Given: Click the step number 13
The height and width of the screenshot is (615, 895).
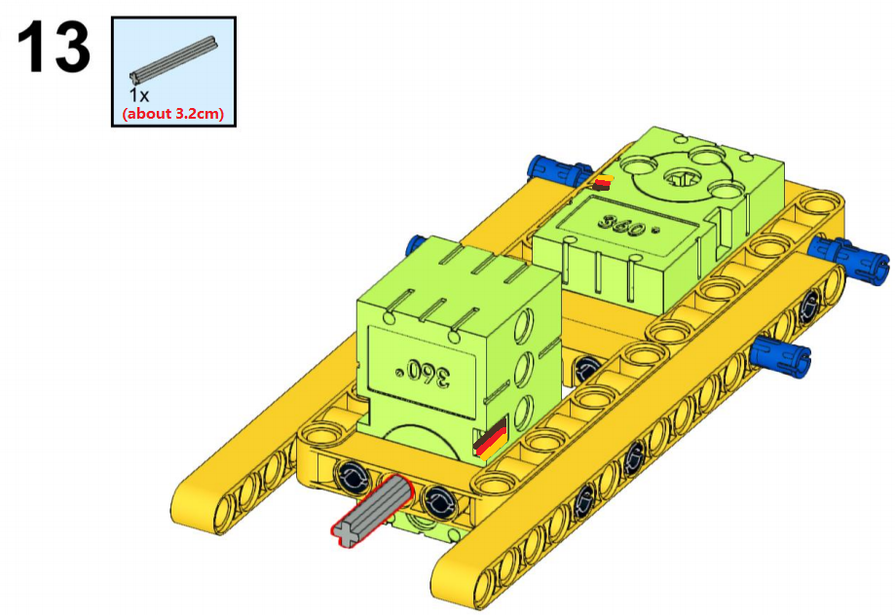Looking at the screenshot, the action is click(54, 47).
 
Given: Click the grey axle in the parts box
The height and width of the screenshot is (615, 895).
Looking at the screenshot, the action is click(174, 60).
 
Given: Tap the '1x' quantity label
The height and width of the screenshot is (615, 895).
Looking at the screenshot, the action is click(138, 94).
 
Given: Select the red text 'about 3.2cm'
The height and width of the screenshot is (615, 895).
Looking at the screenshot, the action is click(173, 114).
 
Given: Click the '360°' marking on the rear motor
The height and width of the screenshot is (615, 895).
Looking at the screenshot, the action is click(629, 226).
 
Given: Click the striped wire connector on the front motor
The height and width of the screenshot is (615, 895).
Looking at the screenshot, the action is click(490, 438).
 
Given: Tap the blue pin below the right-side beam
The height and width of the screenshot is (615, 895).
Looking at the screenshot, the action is click(781, 356).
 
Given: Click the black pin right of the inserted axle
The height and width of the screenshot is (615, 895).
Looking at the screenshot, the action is click(439, 502).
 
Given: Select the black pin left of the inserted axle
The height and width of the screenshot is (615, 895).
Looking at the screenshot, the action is click(353, 477).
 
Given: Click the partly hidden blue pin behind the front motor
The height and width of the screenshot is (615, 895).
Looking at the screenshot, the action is click(415, 246).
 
